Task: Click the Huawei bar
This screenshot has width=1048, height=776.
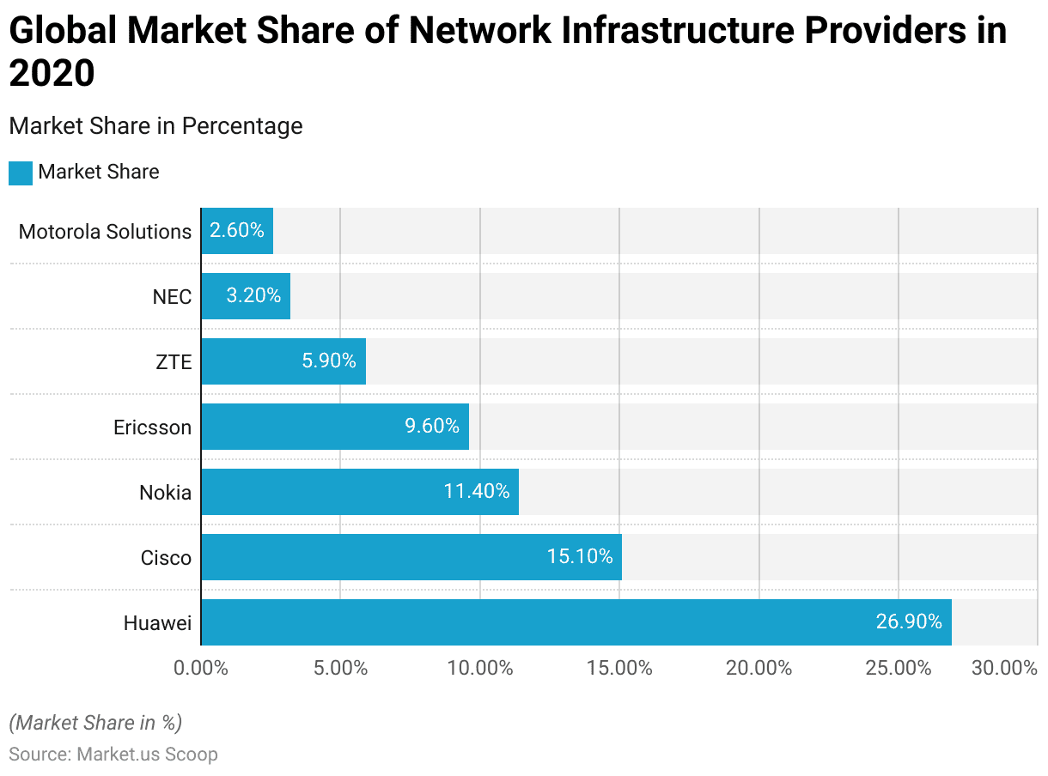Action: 576,622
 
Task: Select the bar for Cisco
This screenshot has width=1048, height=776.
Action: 411,557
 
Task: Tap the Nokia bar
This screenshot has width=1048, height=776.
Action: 359,492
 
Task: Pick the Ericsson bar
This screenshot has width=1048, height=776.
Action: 334,427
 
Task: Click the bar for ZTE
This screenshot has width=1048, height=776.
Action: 283,361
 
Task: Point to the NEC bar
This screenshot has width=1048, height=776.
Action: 245,296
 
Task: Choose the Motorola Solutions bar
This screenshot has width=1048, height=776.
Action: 236,231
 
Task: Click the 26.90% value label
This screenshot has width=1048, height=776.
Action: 909,622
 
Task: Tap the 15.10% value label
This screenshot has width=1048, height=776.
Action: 580,557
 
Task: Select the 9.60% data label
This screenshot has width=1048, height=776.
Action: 432,427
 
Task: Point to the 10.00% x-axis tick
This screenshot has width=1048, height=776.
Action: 480,668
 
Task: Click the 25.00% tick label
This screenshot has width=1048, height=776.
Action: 899,668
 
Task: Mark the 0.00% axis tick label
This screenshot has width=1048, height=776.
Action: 201,668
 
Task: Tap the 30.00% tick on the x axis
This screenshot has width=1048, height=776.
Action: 1004,668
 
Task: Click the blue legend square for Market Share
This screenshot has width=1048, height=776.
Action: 21,173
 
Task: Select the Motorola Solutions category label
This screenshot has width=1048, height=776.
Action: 105,232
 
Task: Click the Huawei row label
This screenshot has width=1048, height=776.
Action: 157,623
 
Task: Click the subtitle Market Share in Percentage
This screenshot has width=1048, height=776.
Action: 155,126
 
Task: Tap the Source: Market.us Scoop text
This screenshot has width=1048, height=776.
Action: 113,755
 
